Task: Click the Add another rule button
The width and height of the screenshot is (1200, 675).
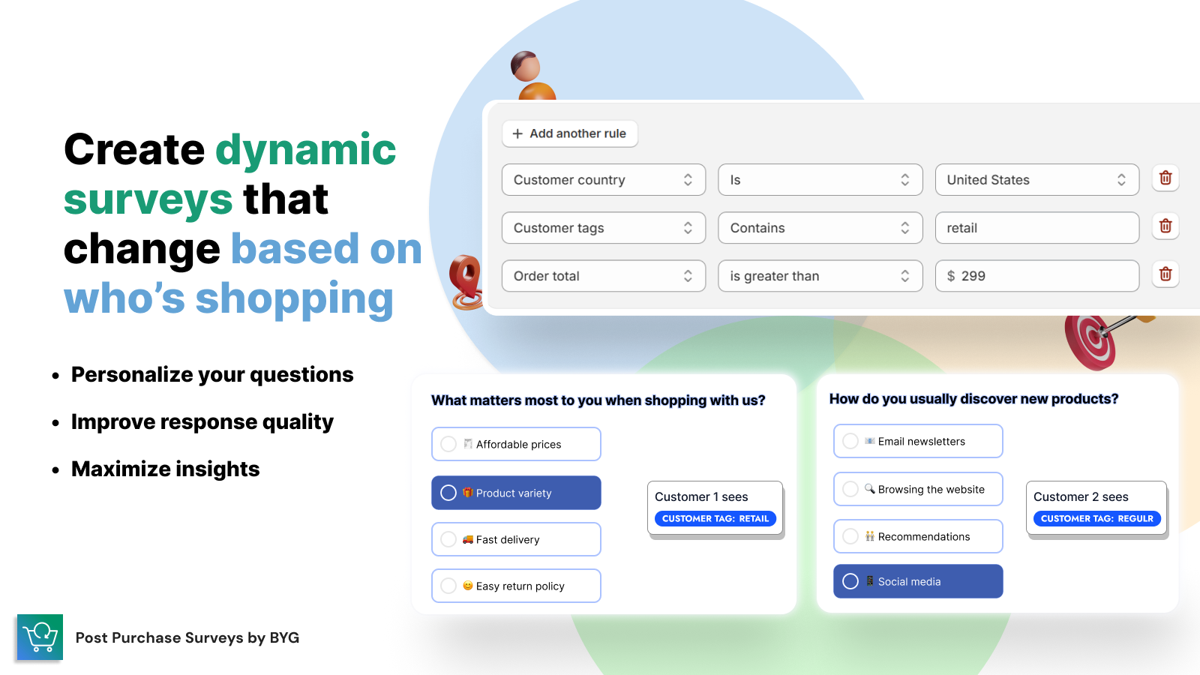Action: click(x=569, y=133)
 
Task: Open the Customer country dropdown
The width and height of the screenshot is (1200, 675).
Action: click(x=603, y=179)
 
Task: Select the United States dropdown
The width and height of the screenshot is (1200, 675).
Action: click(x=1036, y=179)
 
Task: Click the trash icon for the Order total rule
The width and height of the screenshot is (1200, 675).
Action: click(x=1165, y=274)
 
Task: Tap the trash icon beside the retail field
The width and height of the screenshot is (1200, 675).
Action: click(x=1165, y=226)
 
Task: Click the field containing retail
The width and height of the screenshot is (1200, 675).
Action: click(x=1036, y=228)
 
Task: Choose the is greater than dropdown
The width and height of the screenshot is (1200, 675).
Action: click(x=820, y=276)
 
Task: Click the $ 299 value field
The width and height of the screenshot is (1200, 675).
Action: click(x=1036, y=276)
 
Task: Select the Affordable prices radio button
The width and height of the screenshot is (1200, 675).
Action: click(x=448, y=444)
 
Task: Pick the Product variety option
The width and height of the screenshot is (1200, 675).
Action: click(x=516, y=493)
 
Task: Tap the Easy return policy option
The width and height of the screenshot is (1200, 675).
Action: click(x=516, y=586)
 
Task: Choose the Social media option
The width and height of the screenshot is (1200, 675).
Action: click(x=918, y=581)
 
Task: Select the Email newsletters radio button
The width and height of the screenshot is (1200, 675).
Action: click(x=850, y=442)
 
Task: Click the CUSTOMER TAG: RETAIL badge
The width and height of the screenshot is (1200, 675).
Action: click(x=715, y=518)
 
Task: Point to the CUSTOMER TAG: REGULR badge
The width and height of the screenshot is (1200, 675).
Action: click(x=1096, y=518)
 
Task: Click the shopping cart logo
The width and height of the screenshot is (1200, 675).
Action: click(x=40, y=637)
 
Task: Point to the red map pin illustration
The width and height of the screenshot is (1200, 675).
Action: click(x=466, y=282)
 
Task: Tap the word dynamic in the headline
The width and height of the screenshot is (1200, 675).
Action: click(x=305, y=150)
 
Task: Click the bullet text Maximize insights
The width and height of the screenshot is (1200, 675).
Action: click(x=166, y=469)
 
